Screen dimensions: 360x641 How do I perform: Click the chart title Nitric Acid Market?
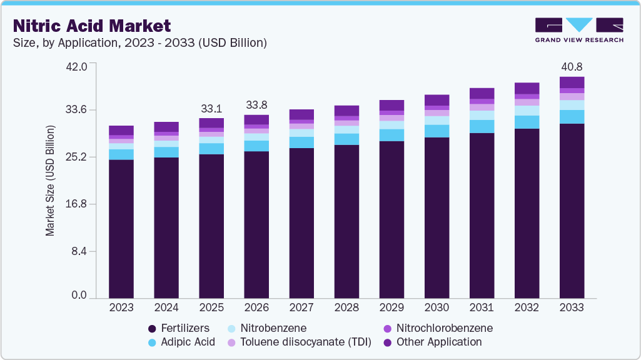[92, 26]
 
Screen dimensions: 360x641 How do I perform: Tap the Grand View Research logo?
[578, 29]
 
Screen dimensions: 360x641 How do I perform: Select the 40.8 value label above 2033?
[572, 66]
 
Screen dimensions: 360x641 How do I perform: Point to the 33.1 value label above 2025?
[211, 108]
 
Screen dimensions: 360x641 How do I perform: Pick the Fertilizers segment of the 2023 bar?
[121, 228]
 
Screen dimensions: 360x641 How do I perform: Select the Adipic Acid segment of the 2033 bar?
[572, 117]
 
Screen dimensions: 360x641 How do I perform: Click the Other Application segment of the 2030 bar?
[437, 100]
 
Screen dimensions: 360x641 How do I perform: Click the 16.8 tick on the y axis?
[78, 204]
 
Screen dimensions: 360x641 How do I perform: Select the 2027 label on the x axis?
[301, 308]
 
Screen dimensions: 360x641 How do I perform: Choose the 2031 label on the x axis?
[482, 308]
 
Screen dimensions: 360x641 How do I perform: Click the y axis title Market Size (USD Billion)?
[50, 181]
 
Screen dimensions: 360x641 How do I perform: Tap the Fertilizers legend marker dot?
[152, 329]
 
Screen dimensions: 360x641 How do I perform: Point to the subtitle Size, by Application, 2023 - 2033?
[140, 43]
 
